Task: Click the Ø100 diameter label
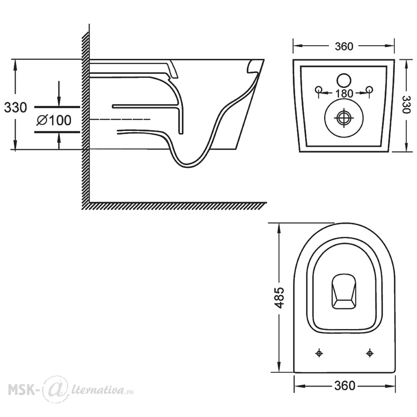click(x=54, y=120)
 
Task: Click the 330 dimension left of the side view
click(x=15, y=108)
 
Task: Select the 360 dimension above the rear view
click(x=344, y=47)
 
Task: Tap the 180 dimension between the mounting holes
click(x=344, y=93)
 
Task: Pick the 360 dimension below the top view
click(x=344, y=386)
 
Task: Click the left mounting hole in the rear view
click(x=319, y=90)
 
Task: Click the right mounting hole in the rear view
click(x=369, y=90)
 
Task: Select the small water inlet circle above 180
click(x=344, y=80)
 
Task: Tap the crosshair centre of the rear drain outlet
click(x=344, y=118)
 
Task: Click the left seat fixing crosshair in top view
click(x=319, y=353)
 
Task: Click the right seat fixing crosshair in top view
click(x=369, y=353)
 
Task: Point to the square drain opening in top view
click(x=344, y=291)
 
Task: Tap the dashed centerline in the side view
click(x=120, y=119)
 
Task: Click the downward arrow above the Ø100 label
click(x=59, y=94)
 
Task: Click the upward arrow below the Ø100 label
click(x=59, y=141)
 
